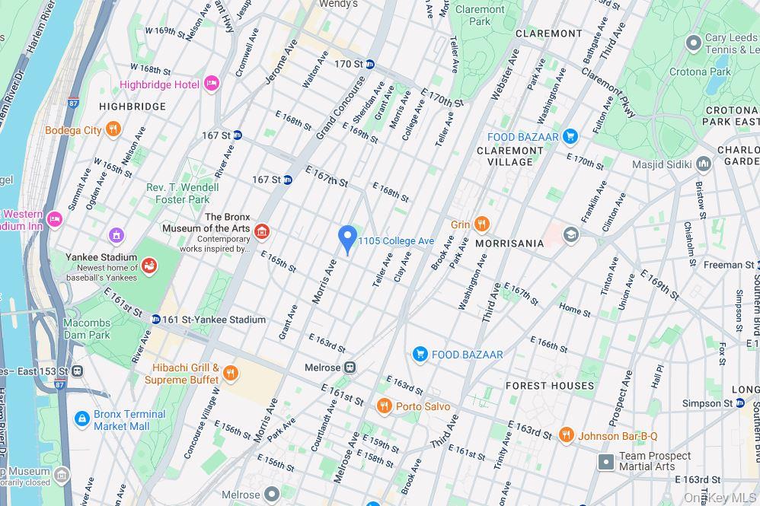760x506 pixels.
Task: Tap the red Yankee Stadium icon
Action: [148, 266]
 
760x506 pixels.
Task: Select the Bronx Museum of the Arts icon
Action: [262, 231]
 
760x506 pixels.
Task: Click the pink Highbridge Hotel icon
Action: [212, 84]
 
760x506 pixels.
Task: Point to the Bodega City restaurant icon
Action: [113, 129]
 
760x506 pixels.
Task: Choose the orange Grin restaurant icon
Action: [481, 224]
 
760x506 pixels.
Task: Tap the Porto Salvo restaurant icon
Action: [385, 406]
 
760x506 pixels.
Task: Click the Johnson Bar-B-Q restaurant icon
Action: [566, 435]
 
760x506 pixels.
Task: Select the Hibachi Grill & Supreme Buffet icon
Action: [231, 373]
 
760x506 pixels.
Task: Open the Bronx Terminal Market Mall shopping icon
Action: [82, 419]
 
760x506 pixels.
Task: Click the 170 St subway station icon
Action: [370, 64]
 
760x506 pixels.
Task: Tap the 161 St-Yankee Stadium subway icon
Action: [155, 320]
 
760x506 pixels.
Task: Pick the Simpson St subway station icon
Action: [739, 403]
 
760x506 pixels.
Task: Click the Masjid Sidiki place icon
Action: [704, 164]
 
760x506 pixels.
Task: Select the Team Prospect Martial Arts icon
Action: [606, 461]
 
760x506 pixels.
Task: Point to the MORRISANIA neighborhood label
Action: [509, 243]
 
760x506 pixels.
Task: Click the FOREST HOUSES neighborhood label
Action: [549, 386]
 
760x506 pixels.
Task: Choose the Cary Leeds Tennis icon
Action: [693, 43]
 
